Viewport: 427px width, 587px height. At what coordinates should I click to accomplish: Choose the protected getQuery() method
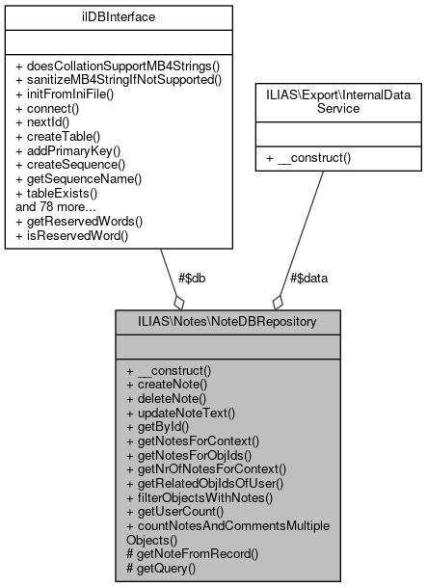point(161,570)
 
